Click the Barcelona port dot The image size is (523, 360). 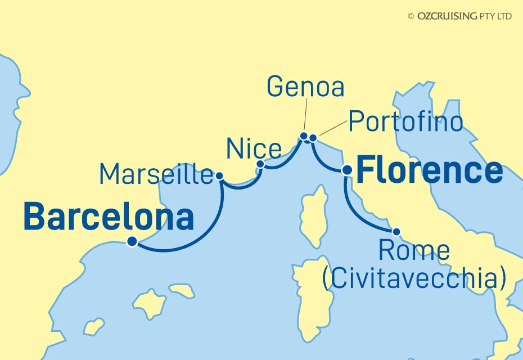(x=132, y=242)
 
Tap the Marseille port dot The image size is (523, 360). (x=220, y=176)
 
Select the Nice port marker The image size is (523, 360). (x=260, y=164)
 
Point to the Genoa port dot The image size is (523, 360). (x=304, y=136)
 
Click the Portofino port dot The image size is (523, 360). (x=313, y=137)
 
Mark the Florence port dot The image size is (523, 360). (x=347, y=169)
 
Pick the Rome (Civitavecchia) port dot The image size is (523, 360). (x=396, y=231)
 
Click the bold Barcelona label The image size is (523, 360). (x=109, y=217)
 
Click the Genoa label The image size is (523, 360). (x=305, y=87)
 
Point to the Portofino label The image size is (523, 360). (x=405, y=121)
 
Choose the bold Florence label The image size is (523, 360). (x=430, y=170)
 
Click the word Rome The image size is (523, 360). (x=415, y=251)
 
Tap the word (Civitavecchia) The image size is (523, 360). (x=414, y=278)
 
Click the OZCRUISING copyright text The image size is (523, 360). (x=459, y=16)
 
